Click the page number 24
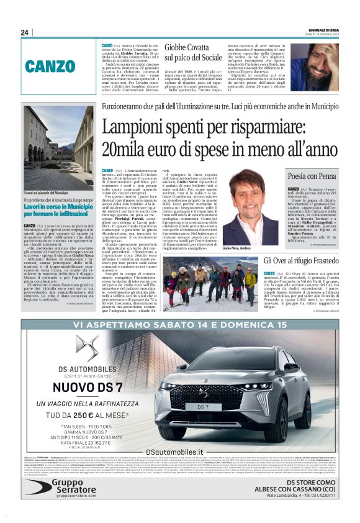pyautogui.click(x=25, y=32)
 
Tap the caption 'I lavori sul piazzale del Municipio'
pyautogui.click(x=49, y=194)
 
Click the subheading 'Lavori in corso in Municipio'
pyautogui.click(x=58, y=209)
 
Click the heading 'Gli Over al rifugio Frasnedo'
pyautogui.click(x=302, y=260)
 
